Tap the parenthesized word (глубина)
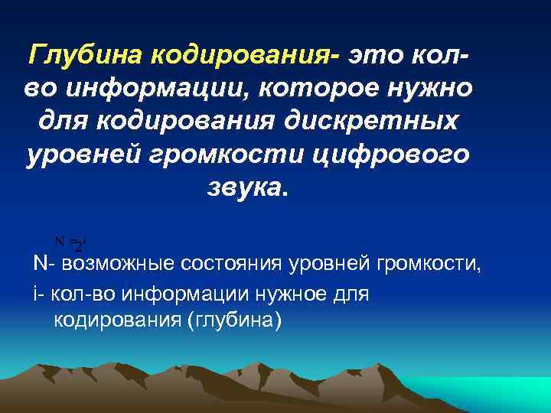pos(234,319)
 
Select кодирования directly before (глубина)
pos(116,319)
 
